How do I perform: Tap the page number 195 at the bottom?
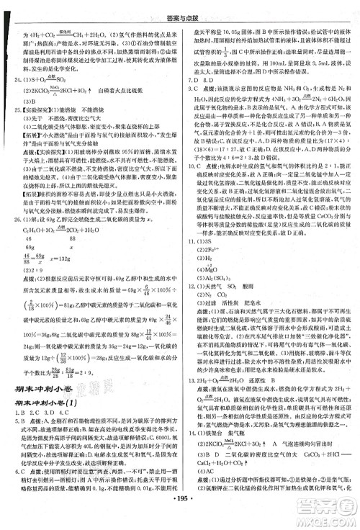(x=179, y=520)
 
